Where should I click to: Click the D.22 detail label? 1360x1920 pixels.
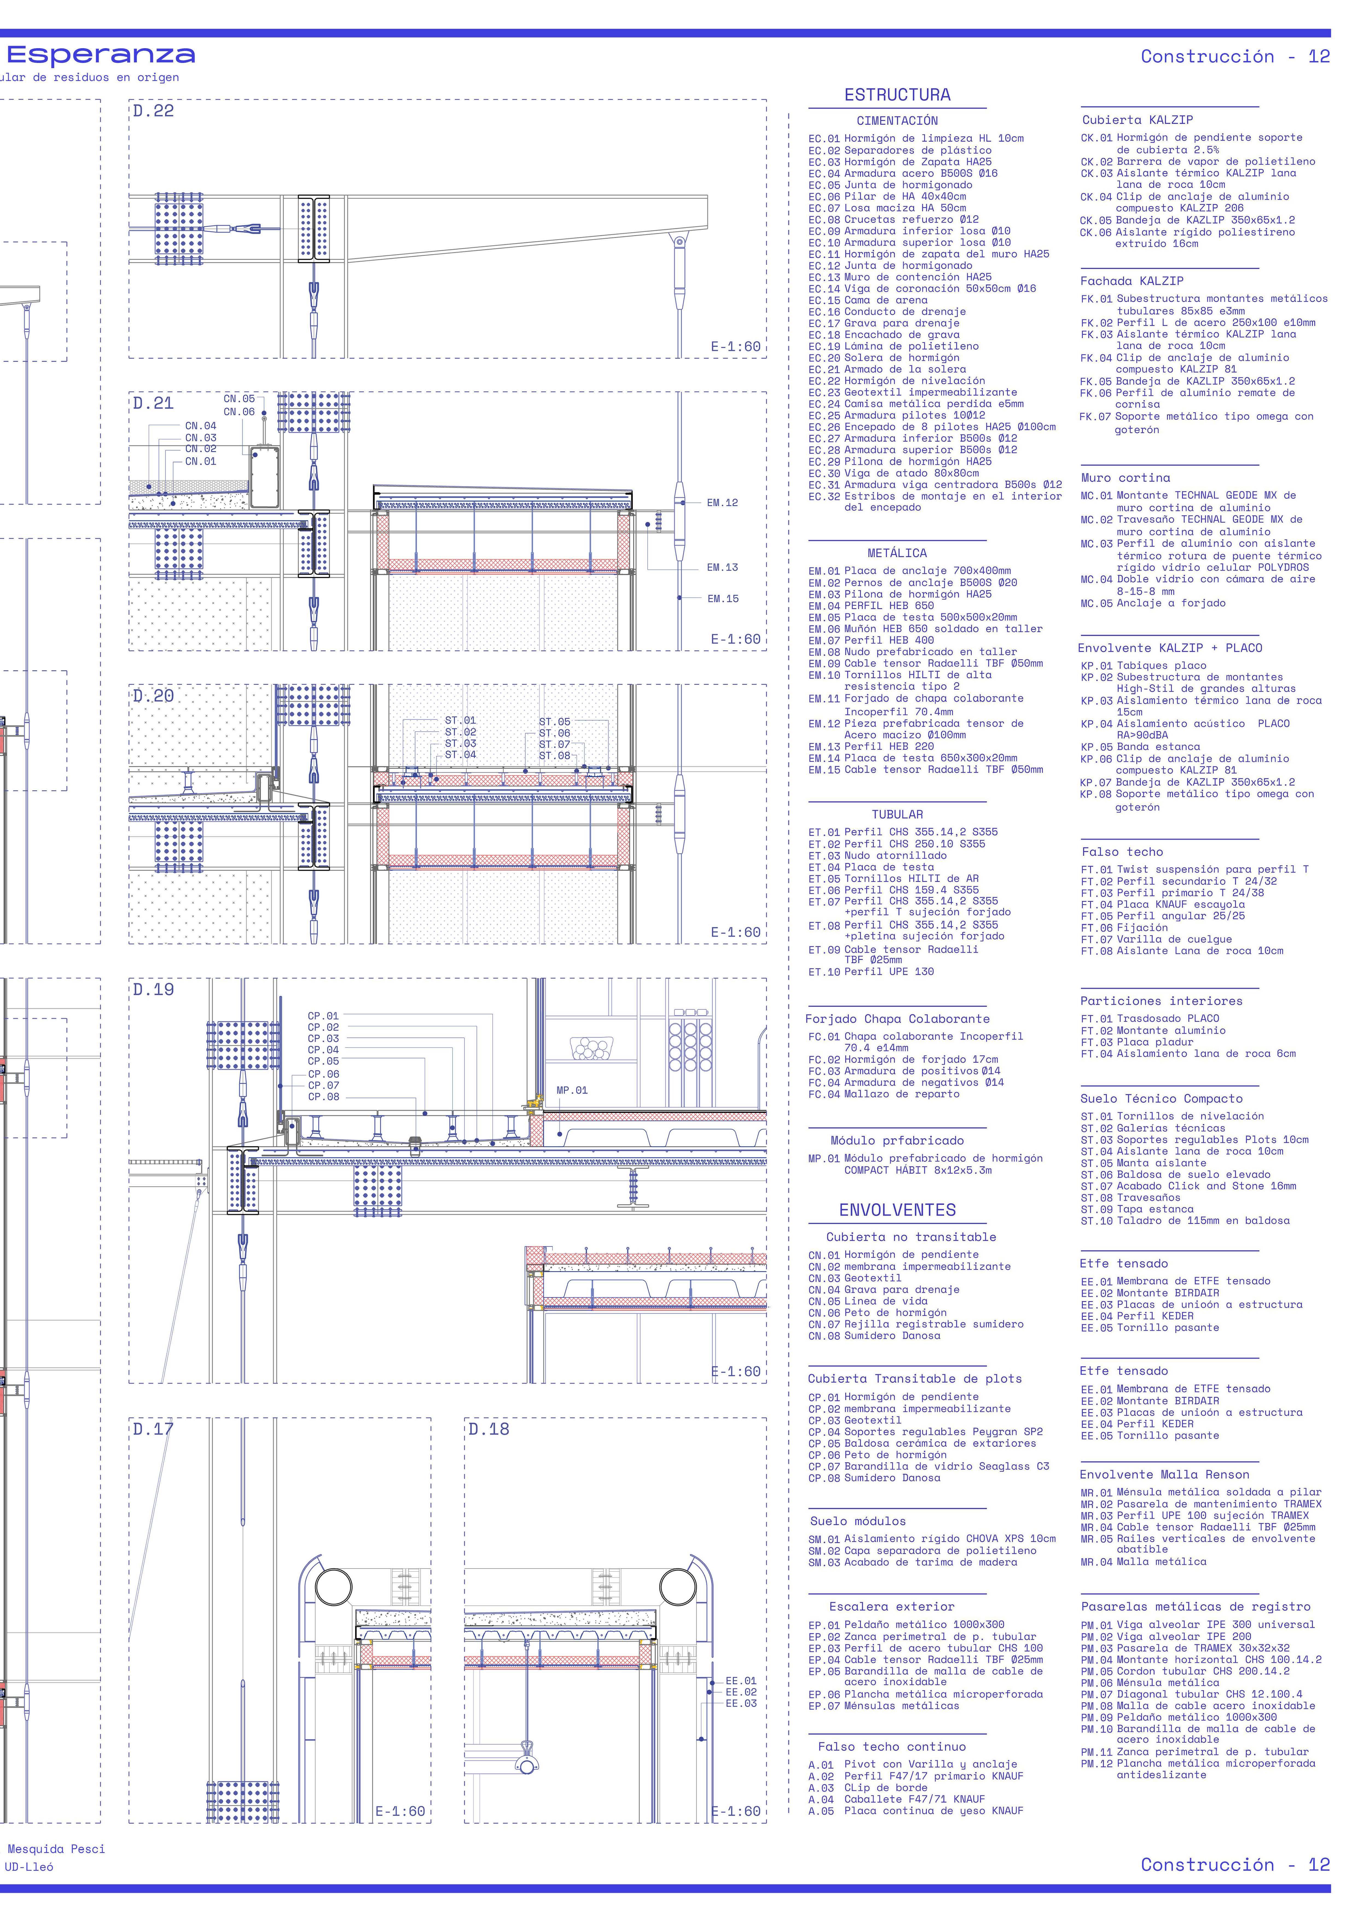[x=153, y=111]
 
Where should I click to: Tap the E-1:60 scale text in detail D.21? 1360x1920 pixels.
[x=735, y=639]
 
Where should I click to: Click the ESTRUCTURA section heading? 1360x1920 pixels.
[x=897, y=95]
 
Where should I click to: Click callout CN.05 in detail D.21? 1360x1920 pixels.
[x=239, y=399]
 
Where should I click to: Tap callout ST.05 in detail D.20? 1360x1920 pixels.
[x=553, y=721]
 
